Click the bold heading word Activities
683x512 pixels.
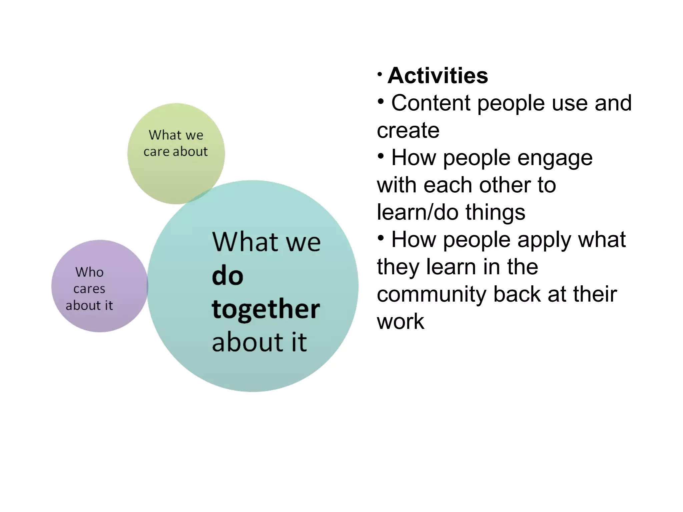pyautogui.click(x=438, y=76)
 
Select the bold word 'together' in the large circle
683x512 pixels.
pyautogui.click(x=266, y=309)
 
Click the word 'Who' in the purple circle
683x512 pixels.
pyautogui.click(x=89, y=272)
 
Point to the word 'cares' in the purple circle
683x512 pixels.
pyautogui.click(x=89, y=289)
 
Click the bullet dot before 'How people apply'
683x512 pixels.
pyautogui.click(x=381, y=238)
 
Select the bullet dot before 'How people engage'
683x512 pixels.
pyautogui.click(x=381, y=155)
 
